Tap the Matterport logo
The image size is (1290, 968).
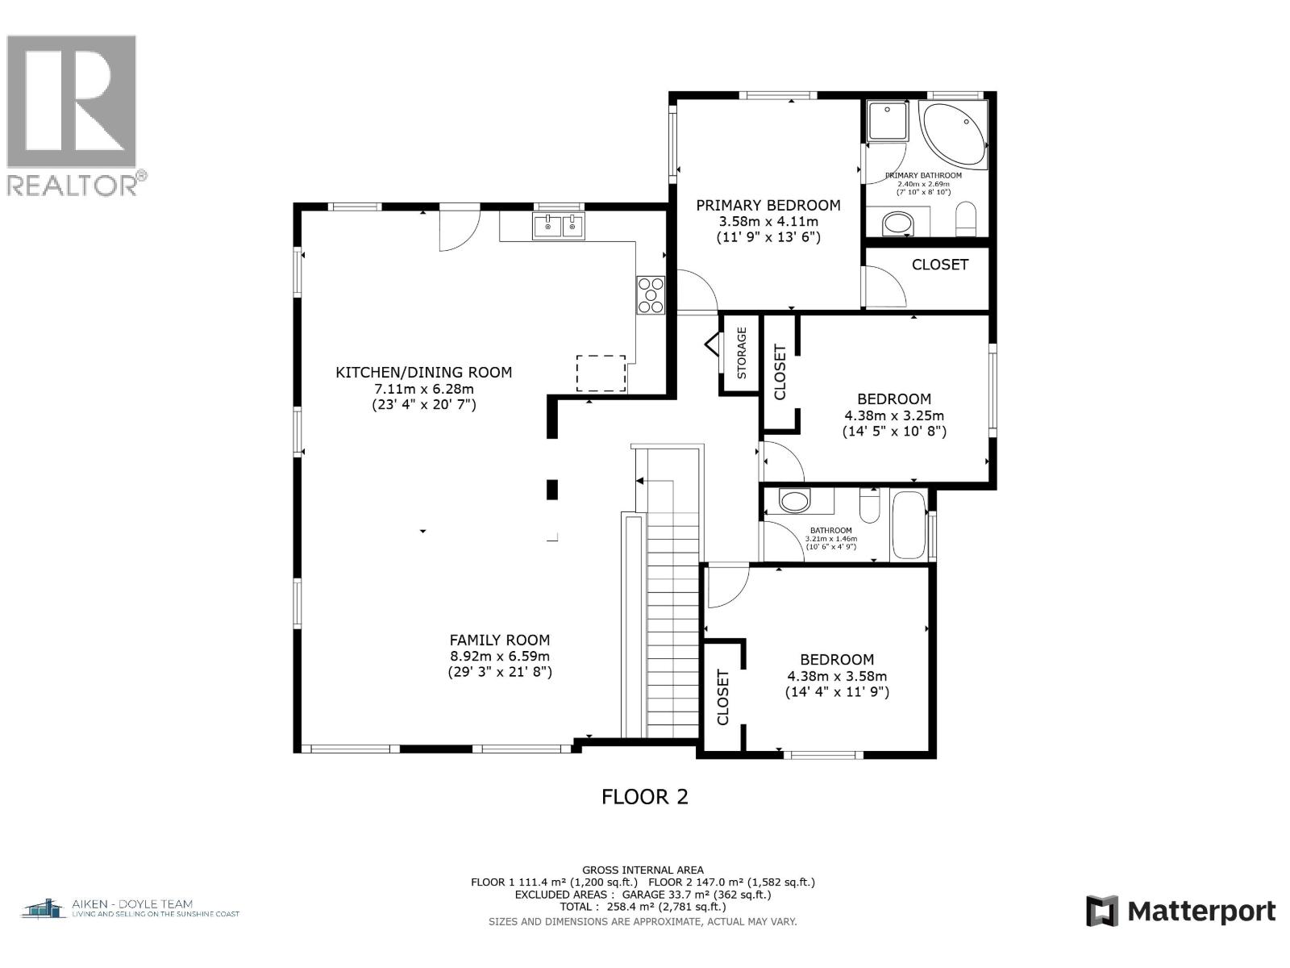click(x=1180, y=911)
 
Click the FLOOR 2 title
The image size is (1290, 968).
click(x=645, y=797)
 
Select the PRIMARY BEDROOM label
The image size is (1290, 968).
click(x=768, y=206)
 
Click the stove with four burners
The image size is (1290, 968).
click(x=651, y=294)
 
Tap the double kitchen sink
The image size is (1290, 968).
click(x=559, y=227)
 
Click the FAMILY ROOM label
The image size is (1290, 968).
click(x=500, y=640)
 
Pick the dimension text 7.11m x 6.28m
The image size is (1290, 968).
click(x=423, y=388)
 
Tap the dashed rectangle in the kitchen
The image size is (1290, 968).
click(x=601, y=373)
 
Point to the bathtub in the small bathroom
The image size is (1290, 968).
click(x=909, y=524)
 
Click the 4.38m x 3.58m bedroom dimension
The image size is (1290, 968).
click(x=837, y=676)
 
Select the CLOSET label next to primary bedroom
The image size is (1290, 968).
click(x=939, y=265)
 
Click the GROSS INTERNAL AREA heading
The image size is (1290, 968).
click(x=643, y=870)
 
